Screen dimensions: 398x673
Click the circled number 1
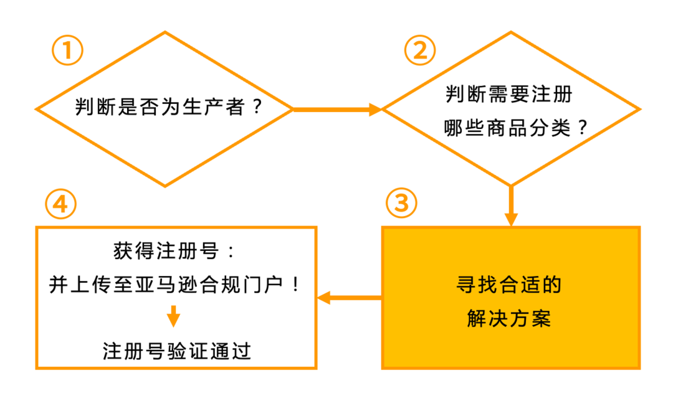click(67, 51)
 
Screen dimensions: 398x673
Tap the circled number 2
click(420, 50)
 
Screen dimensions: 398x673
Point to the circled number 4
click(60, 203)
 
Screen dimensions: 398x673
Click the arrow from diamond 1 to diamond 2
click(336, 110)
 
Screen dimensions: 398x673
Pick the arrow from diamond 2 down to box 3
click(511, 206)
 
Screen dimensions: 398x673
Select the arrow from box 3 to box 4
click(349, 298)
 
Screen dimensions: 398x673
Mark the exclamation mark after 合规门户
click(295, 286)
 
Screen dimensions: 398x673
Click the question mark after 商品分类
click(582, 128)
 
